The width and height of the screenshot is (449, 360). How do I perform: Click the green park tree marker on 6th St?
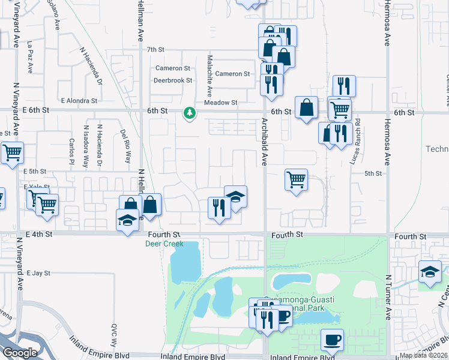(x=190, y=112)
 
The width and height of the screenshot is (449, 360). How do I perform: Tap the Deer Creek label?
(x=164, y=244)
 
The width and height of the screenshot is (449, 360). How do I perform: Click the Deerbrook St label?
(x=172, y=80)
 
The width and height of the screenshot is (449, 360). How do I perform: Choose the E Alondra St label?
(x=79, y=101)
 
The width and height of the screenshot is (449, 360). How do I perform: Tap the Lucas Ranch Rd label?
(x=357, y=142)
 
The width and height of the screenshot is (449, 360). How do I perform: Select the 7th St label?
(x=155, y=50)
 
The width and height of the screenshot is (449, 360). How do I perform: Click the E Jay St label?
(x=37, y=273)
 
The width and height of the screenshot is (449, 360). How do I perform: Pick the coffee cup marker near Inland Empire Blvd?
(x=332, y=339)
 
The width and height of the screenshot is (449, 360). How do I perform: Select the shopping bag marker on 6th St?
(x=307, y=108)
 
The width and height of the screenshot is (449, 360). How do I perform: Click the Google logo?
(x=20, y=353)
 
